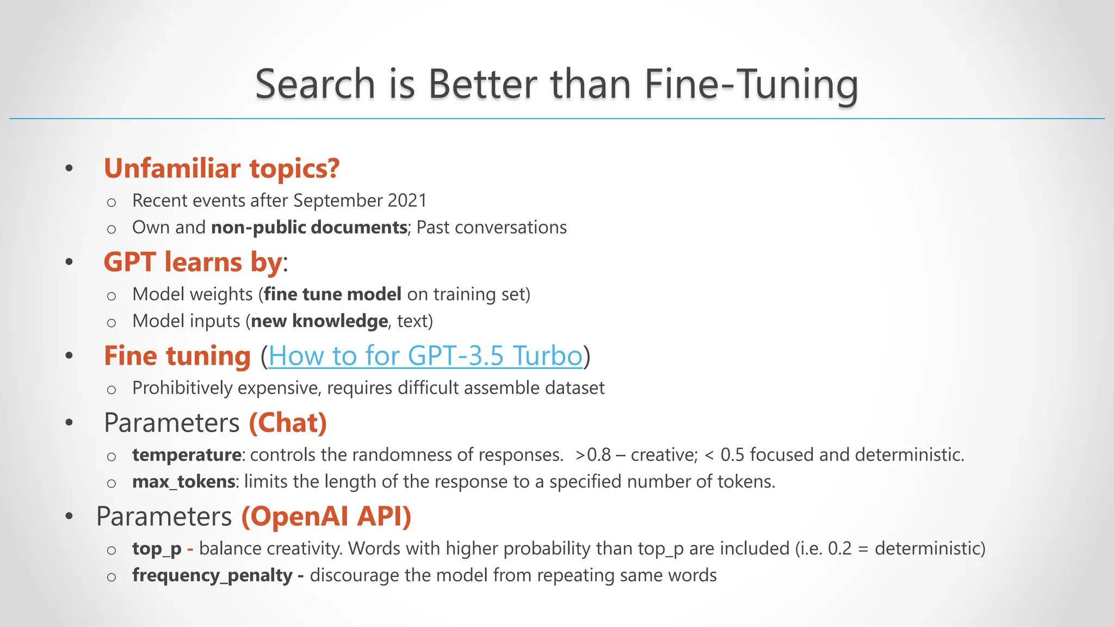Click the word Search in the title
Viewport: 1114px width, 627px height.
[315, 84]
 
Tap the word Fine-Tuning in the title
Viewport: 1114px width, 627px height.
[751, 84]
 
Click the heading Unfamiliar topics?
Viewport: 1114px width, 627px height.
[221, 168]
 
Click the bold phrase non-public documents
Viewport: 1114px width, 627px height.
[309, 228]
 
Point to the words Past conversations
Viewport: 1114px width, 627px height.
[492, 228]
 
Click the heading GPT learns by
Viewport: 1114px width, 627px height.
[194, 262]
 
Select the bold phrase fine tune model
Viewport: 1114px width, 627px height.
[332, 294]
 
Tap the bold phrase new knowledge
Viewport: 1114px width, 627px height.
[319, 321]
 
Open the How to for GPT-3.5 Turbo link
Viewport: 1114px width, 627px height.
[425, 356]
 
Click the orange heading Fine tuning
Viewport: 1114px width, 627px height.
[177, 356]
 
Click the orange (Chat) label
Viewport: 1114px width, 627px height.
[288, 423]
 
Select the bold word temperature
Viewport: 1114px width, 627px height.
[187, 455]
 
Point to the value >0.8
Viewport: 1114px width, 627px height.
[593, 455]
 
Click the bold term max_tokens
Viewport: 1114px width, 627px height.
[183, 482]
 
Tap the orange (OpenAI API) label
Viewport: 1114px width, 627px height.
[326, 517]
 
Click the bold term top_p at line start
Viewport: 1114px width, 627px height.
[157, 549]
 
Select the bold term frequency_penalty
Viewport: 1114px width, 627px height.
[212, 575]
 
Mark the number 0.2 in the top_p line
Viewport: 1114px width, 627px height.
[839, 549]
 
